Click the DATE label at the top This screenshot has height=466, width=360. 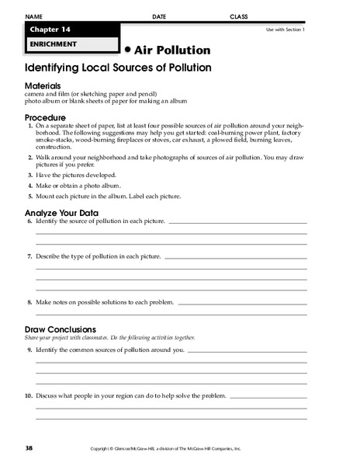[x=159, y=16]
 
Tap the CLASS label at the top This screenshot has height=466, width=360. [x=239, y=16]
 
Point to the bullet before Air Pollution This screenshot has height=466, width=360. [x=128, y=47]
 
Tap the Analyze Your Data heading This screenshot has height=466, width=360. [x=60, y=211]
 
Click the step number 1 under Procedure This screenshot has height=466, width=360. [x=30, y=125]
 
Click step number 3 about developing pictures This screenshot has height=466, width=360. [x=30, y=175]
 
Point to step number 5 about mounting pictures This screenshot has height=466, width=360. [x=30, y=196]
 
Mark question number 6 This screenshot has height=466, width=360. [x=29, y=221]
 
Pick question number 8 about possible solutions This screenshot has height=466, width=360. [x=29, y=301]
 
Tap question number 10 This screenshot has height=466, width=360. [x=29, y=395]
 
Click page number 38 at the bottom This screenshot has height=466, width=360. [x=29, y=449]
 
